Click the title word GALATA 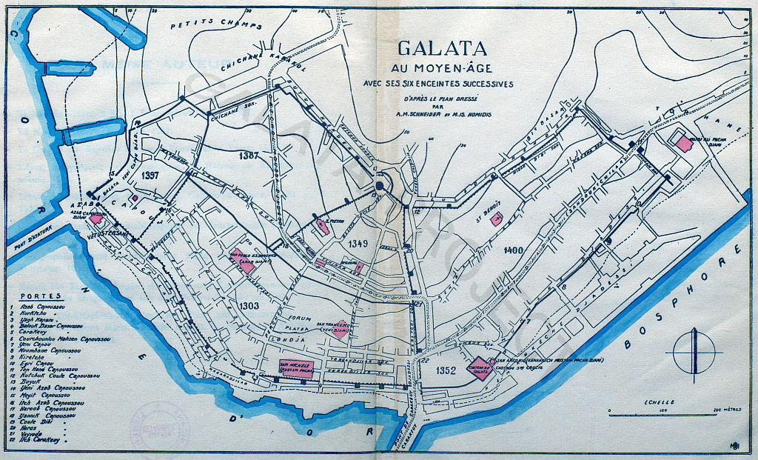(443, 49)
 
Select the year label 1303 (249, 306)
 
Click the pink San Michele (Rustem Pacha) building (297, 368)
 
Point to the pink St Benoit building (497, 219)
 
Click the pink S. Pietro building (323, 227)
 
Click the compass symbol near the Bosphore (694, 352)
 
